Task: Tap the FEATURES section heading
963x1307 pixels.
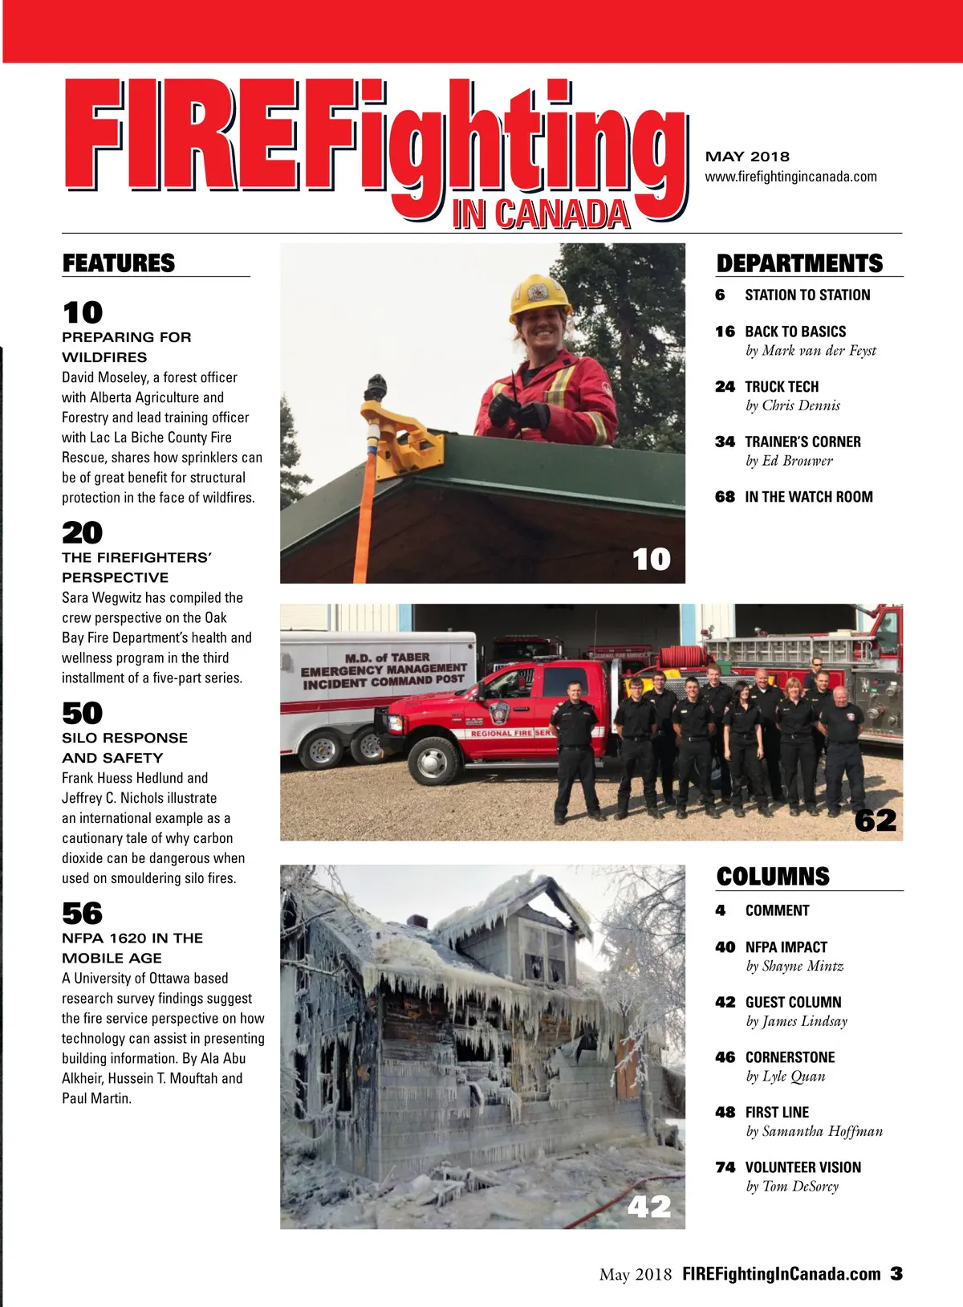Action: pyautogui.click(x=119, y=263)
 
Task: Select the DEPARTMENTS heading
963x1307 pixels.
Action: pyautogui.click(x=799, y=263)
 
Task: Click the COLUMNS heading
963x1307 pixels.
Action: pyautogui.click(x=773, y=876)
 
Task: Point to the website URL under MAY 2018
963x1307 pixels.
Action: pyautogui.click(x=790, y=177)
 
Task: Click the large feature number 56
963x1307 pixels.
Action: pyautogui.click(x=83, y=913)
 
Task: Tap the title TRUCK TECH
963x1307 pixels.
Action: pyautogui.click(x=782, y=387)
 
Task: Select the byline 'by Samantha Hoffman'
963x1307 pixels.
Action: pyautogui.click(x=814, y=1131)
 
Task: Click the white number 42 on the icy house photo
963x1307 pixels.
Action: pyautogui.click(x=648, y=1206)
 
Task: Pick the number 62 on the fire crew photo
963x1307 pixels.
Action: pyautogui.click(x=875, y=820)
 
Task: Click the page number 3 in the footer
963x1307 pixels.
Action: pyautogui.click(x=896, y=1273)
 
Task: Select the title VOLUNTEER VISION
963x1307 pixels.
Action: pyautogui.click(x=802, y=1167)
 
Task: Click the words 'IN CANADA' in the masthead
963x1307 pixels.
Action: pyautogui.click(x=540, y=214)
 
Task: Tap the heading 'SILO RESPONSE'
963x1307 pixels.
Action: pyautogui.click(x=124, y=738)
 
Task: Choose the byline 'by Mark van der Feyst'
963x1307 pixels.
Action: pyautogui.click(x=811, y=351)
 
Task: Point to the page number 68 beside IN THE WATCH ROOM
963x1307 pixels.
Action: pyautogui.click(x=725, y=497)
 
